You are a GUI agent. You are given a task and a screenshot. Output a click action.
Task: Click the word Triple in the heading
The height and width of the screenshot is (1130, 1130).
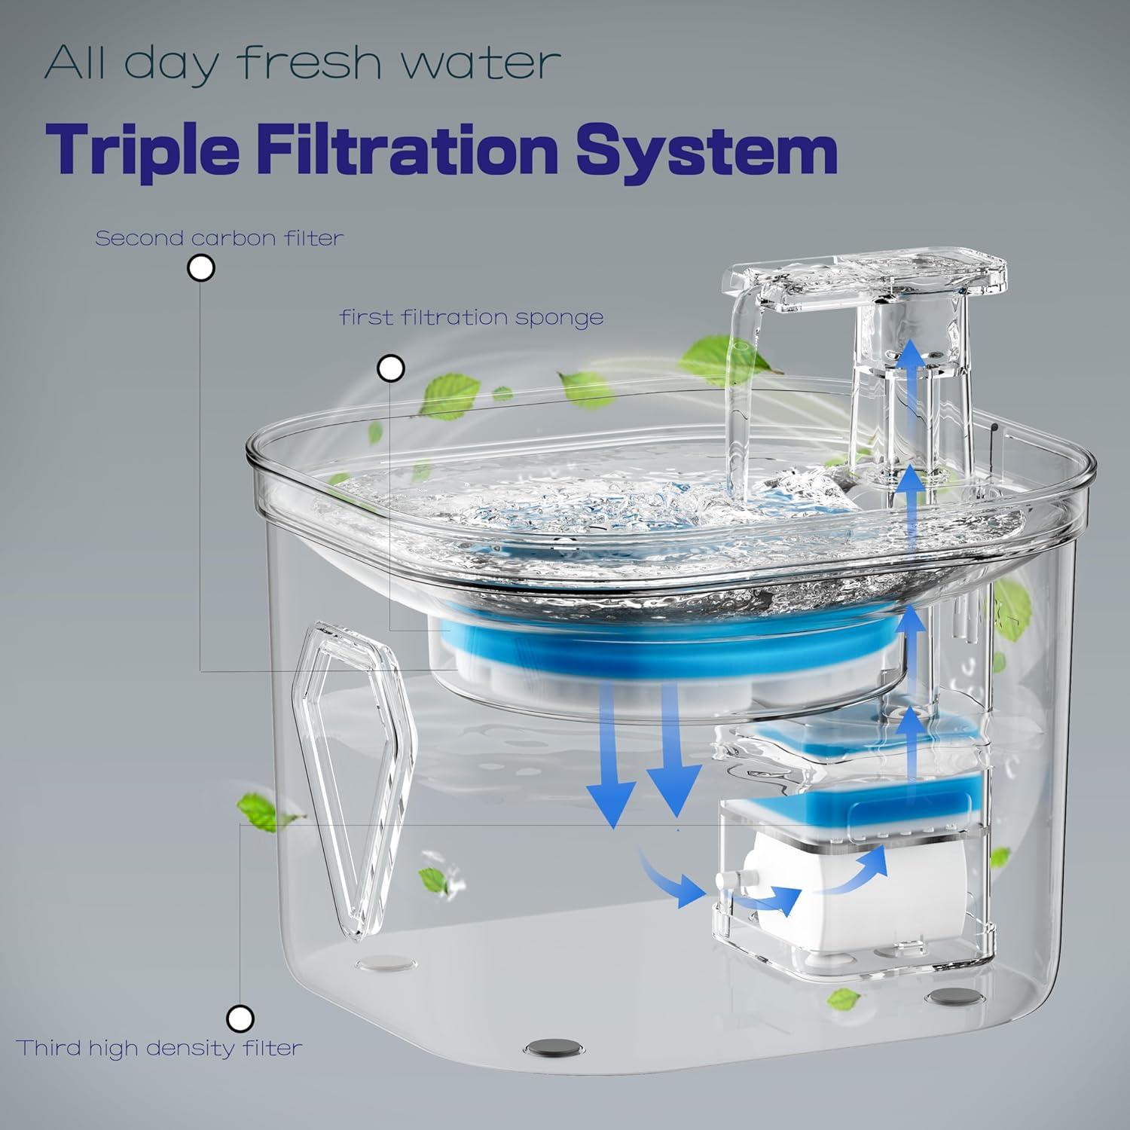coord(142,151)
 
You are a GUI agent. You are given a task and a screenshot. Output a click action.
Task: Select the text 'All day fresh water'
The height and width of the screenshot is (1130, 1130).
coord(302,64)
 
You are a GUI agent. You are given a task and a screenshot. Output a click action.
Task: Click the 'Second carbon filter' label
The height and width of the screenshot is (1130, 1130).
coord(219,239)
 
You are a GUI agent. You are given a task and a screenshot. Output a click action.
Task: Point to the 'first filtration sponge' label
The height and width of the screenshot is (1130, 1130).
coord(472,318)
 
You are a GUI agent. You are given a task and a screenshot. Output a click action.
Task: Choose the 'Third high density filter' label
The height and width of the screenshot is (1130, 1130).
coord(159,1048)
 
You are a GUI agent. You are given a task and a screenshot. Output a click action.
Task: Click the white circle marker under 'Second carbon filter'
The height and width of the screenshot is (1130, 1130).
coord(200,268)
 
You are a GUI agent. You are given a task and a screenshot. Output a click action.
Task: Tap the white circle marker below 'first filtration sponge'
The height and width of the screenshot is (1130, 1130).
coord(390,368)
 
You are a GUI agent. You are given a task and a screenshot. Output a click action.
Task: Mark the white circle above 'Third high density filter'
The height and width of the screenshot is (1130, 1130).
coord(240,1019)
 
